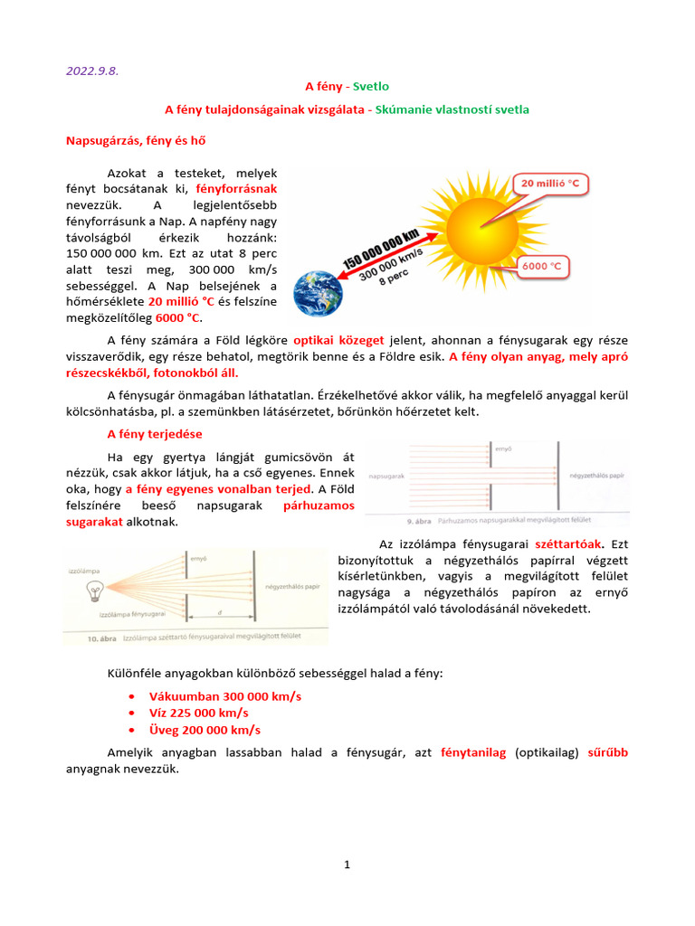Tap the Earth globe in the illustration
coord(318,294)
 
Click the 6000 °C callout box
coord(548,266)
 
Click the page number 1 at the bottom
coord(347,865)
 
